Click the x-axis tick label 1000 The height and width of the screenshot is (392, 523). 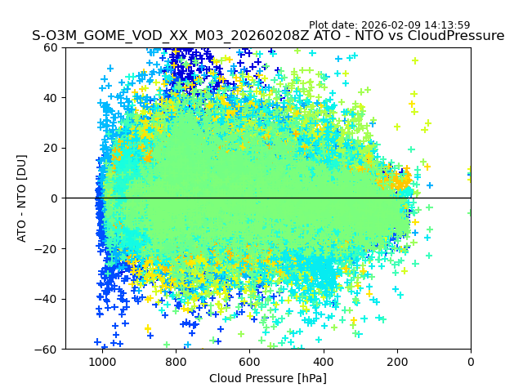click(x=101, y=361)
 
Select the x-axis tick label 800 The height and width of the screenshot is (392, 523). click(x=175, y=361)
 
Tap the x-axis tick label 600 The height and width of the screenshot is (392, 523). click(x=249, y=361)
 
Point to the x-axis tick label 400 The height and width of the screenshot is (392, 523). click(x=323, y=361)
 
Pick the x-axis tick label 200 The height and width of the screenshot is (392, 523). click(x=397, y=361)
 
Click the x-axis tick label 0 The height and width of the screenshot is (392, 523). click(x=471, y=361)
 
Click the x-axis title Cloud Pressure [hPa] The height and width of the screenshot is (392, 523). click(x=268, y=378)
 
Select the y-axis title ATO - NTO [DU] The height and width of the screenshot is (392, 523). click(x=22, y=198)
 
